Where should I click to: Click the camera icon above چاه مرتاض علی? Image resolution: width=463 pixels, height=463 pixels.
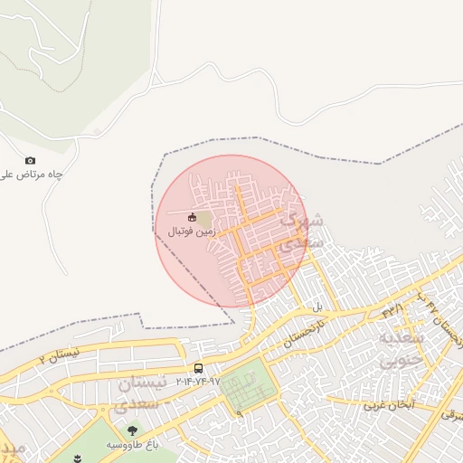(x=30, y=161)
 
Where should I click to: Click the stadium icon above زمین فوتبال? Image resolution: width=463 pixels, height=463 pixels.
(x=192, y=218)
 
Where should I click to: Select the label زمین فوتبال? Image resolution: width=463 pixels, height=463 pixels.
(x=192, y=231)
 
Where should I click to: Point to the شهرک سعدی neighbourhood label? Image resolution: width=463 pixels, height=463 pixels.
(x=301, y=231)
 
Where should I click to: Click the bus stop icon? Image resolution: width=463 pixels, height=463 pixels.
(x=198, y=368)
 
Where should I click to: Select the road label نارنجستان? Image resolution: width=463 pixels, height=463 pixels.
(x=302, y=334)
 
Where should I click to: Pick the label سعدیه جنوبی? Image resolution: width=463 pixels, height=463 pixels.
(x=398, y=349)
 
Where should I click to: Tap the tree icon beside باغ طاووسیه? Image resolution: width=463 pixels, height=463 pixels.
(x=133, y=430)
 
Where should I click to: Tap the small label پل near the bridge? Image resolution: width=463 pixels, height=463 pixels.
(x=317, y=308)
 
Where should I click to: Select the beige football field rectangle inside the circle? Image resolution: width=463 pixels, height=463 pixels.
(x=205, y=220)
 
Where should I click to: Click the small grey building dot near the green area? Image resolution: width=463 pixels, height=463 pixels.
(x=98, y=132)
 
